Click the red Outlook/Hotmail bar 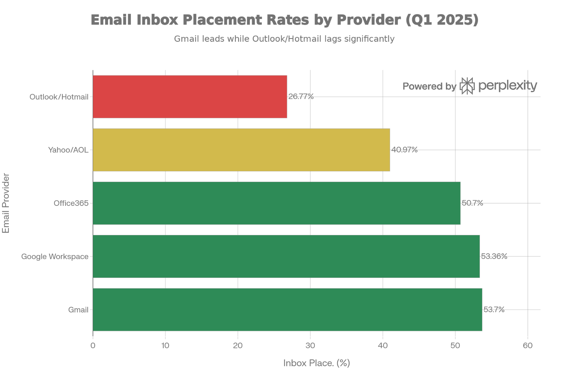[190, 97]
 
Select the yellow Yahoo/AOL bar [241, 150]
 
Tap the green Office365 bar [277, 203]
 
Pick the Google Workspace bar [286, 256]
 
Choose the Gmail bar [287, 309]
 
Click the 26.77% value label [301, 97]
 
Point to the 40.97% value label [404, 150]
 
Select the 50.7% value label [472, 203]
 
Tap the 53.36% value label [494, 256]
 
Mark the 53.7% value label [494, 309]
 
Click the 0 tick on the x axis [93, 345]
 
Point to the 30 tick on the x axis [310, 345]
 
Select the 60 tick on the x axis [528, 345]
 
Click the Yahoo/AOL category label [68, 150]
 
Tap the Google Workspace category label [55, 256]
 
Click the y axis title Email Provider [6, 203]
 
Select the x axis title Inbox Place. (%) [317, 363]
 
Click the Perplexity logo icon [467, 86]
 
